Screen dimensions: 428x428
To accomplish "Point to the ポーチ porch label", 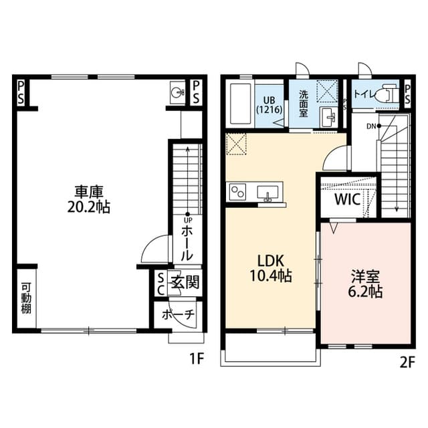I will coord(179,314).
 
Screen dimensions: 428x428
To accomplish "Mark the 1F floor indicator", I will coord(195,359).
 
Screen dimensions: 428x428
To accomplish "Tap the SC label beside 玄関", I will coord(160,282).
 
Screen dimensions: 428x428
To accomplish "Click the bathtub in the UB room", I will coord(239,104).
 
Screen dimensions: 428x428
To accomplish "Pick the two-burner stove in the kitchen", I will coord(239,192).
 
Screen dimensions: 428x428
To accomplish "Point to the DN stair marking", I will coord(369,125).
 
